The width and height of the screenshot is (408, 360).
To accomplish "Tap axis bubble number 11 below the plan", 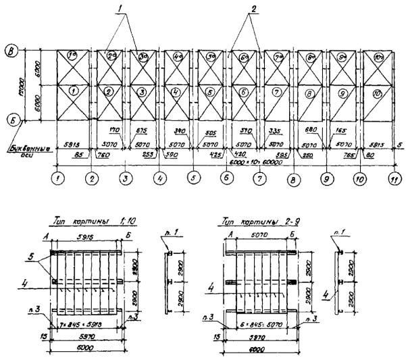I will (392, 179).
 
